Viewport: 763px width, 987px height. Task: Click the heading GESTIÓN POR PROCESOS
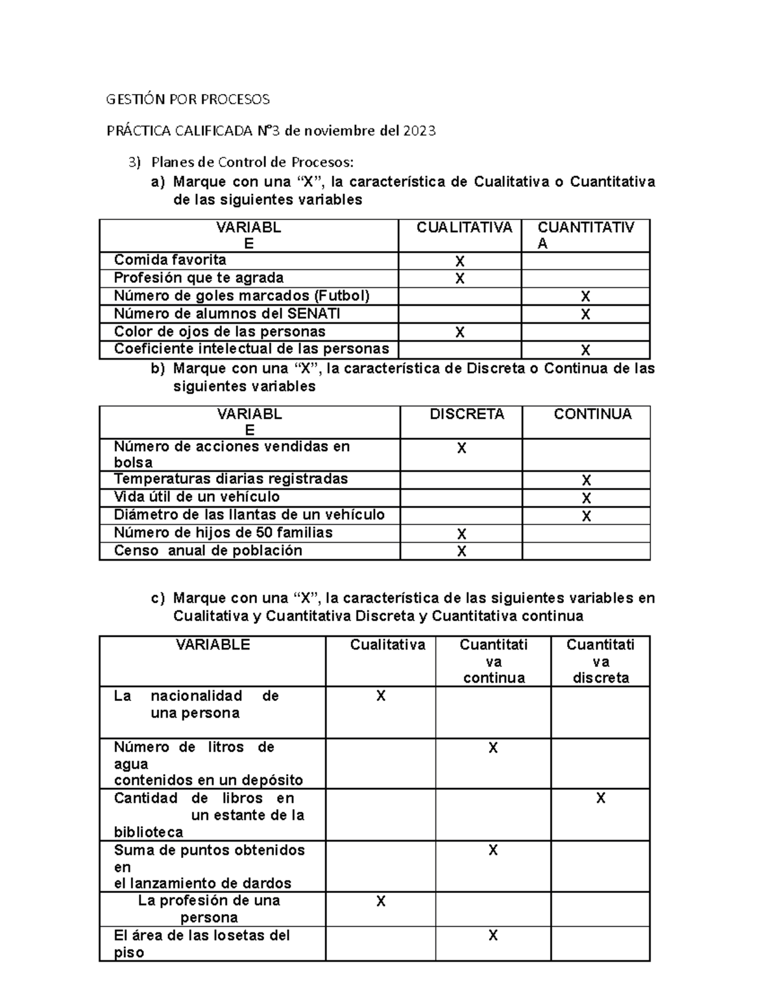188,99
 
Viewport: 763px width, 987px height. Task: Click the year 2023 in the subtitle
418,131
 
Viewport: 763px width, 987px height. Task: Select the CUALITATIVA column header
464,228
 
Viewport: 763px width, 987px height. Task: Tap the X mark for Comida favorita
460,262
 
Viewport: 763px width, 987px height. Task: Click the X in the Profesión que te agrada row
460,279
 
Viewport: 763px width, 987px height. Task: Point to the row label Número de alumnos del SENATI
227,313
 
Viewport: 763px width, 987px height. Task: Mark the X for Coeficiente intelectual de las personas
586,350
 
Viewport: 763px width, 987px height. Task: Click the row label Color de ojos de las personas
219,331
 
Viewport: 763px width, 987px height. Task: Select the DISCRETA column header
467,414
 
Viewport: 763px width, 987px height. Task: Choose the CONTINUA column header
593,414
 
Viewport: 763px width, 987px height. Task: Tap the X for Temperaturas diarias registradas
586,480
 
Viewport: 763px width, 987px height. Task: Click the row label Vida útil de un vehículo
196,496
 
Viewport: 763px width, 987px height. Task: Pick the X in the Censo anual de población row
462,552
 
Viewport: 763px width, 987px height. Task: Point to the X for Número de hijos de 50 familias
462,534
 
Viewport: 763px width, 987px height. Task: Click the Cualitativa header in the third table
387,645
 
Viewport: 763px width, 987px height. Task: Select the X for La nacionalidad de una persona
381,696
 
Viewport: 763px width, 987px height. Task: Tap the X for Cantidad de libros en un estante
600,798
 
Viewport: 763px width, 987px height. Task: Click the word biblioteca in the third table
148,832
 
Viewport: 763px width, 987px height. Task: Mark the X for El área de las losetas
493,935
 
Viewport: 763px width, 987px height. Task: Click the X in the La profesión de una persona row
381,901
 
